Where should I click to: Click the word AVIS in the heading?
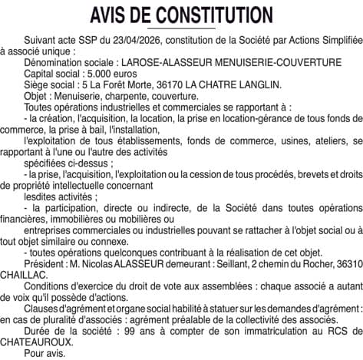pyautogui.click(x=113, y=15)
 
